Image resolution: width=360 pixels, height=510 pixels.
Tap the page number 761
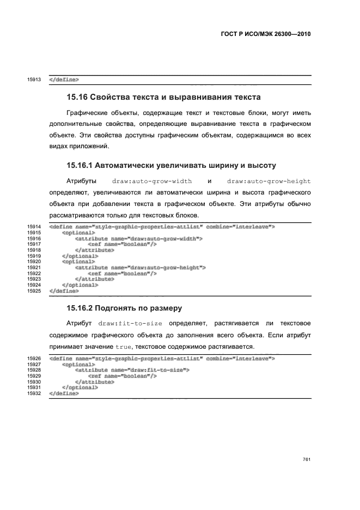(307, 459)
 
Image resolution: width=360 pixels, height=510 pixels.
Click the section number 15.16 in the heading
(77, 98)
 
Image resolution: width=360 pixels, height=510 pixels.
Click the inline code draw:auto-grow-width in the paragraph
(151, 180)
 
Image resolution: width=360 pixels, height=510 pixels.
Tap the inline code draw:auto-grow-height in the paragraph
(268, 180)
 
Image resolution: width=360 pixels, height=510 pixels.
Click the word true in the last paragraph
(122, 347)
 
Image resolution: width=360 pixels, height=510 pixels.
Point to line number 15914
(34, 227)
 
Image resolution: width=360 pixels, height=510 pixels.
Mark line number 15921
(34, 268)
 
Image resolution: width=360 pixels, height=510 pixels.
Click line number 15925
(34, 291)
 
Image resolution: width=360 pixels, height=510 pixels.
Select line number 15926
(34, 359)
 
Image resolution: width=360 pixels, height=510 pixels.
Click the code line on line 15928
(132, 370)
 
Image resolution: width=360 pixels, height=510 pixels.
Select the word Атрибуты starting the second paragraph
(82, 180)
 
